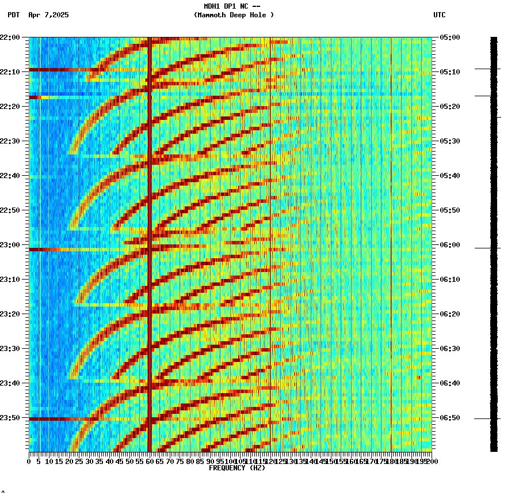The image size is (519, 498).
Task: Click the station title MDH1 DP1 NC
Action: pos(229,6)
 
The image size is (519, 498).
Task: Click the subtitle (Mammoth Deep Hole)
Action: pos(234,15)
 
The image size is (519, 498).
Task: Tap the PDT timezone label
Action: pos(13,15)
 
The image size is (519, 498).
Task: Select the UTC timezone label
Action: pos(439,15)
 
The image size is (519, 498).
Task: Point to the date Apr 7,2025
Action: pos(48,15)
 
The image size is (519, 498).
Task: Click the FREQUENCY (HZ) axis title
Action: pos(237,468)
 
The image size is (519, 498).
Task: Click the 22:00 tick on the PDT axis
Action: pos(10,37)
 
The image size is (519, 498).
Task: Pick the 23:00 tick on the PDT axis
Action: pos(10,245)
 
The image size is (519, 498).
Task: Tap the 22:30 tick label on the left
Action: pos(10,141)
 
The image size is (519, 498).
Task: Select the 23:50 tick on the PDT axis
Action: pos(10,418)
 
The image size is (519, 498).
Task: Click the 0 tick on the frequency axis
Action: pos(29,462)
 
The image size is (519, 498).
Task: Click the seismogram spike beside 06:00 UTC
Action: pos(486,248)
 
